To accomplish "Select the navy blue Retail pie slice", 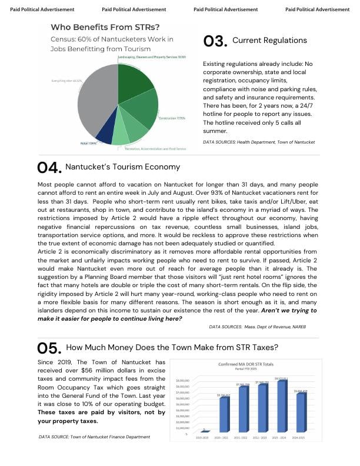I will point(104,136).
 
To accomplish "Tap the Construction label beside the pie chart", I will point(172,118).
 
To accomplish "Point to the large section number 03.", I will point(215,41).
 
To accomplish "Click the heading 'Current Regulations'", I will point(269,40).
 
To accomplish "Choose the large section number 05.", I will point(49,347).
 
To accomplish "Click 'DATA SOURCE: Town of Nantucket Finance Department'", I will point(95,437).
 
